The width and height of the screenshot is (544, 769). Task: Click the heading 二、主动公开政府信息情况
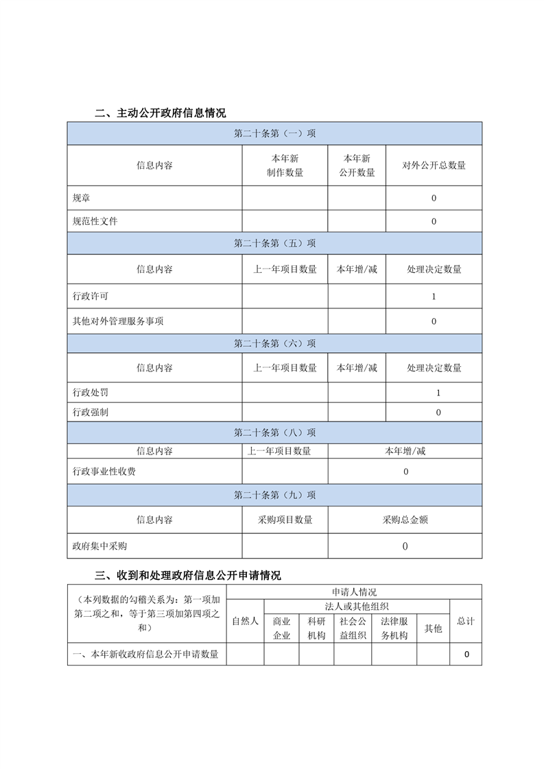[x=160, y=113]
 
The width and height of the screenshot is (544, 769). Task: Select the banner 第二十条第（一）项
[x=274, y=134]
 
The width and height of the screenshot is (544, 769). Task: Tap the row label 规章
[x=82, y=198]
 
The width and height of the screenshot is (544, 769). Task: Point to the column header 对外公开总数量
[x=434, y=165]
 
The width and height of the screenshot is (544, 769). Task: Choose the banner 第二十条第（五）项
[x=274, y=243]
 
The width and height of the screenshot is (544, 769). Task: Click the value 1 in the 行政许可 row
[x=434, y=297]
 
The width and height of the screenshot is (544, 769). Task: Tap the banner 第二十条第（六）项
[x=274, y=343]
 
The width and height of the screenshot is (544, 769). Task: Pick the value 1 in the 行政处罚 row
[x=438, y=393]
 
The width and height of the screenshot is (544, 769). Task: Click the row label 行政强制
[x=91, y=412]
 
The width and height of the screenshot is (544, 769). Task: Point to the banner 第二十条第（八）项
[x=274, y=432]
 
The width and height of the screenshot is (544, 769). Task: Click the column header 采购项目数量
[x=285, y=520]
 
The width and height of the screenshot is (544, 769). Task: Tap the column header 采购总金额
[x=405, y=520]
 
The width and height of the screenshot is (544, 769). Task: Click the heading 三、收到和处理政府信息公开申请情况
[x=187, y=575]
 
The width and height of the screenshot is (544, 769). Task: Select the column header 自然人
[x=245, y=621]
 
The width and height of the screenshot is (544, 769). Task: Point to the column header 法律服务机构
[x=394, y=628]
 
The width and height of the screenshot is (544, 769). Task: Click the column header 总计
[x=466, y=621]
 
